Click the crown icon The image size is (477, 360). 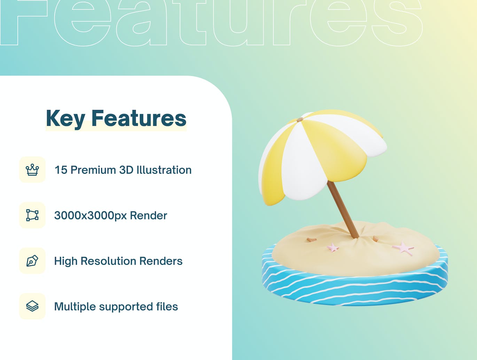coord(32,170)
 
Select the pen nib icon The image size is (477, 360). coord(32,261)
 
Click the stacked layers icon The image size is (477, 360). coord(32,306)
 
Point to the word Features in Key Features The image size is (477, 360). coord(139,118)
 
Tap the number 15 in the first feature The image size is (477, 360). coord(61,170)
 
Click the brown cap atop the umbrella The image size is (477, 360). coord(300,120)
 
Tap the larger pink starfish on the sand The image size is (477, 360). coord(404,248)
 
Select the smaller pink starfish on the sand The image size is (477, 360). coord(333,248)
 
